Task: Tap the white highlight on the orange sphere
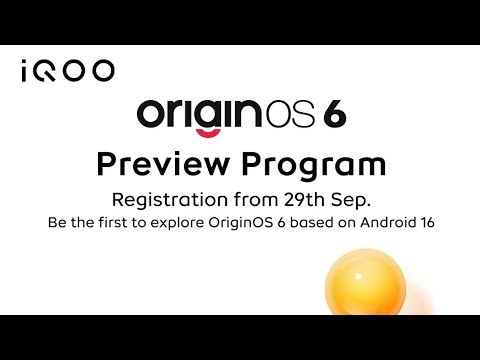pyautogui.click(x=352, y=267)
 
